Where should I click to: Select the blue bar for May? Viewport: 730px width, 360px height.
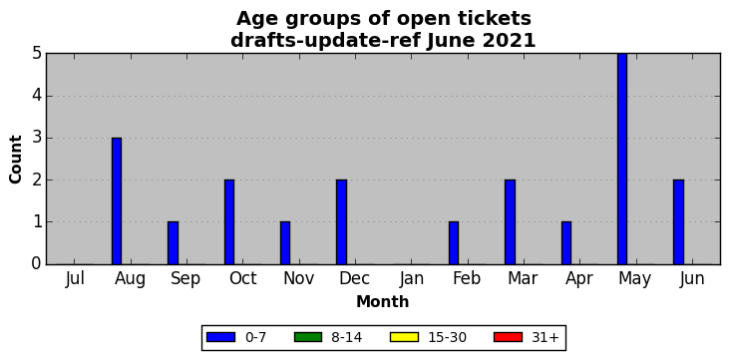pos(622,159)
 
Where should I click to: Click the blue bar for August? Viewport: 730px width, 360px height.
pos(117,201)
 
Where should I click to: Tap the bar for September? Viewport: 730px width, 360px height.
pos(173,243)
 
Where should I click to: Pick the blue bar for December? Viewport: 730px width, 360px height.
pos(341,222)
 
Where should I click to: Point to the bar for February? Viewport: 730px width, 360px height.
pos(454,243)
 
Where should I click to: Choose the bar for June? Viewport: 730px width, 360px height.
pos(678,222)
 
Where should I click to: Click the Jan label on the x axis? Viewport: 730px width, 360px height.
pos(412,278)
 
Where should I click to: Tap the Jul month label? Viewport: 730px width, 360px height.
pos(75,278)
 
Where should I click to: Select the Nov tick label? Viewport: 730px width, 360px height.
pos(299,278)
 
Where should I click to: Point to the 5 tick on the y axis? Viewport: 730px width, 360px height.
pos(37,54)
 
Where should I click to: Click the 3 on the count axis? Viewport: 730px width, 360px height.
pos(37,139)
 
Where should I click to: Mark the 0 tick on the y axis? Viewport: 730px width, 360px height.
pos(37,264)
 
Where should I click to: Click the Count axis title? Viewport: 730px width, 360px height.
pos(15,160)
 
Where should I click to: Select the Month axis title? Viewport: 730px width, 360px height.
pos(383,302)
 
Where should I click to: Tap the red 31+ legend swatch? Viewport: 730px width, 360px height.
pos(508,337)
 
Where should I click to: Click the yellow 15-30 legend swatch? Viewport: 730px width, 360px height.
pos(404,337)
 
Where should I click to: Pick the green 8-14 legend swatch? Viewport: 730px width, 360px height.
pos(308,337)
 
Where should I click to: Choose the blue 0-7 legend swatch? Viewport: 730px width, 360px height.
pos(221,337)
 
